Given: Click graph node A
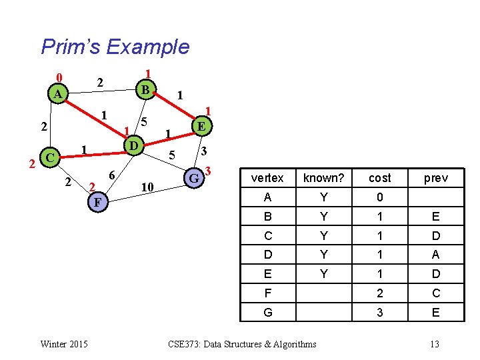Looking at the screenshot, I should point(58,94).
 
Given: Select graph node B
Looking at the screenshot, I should point(145,88).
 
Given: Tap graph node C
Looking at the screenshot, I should point(49,157).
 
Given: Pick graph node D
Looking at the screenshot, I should point(133,145).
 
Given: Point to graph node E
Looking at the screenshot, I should point(201,125).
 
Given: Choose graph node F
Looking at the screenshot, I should point(97,201).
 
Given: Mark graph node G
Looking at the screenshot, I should point(194,178).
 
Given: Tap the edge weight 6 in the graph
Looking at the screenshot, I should point(113,175).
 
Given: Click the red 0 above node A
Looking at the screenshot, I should point(59,76).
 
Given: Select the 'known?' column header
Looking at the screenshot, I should point(324,178).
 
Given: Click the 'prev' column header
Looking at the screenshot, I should point(435,178).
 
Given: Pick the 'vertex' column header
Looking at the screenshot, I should point(267,178).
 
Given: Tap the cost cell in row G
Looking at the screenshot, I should point(379,312).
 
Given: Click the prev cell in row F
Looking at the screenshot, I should point(435,293).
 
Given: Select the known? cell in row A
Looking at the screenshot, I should point(324,197).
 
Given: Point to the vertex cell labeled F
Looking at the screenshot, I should point(267,293).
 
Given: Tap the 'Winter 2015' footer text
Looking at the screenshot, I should point(63,344).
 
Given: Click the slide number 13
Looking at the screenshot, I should point(435,344).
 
